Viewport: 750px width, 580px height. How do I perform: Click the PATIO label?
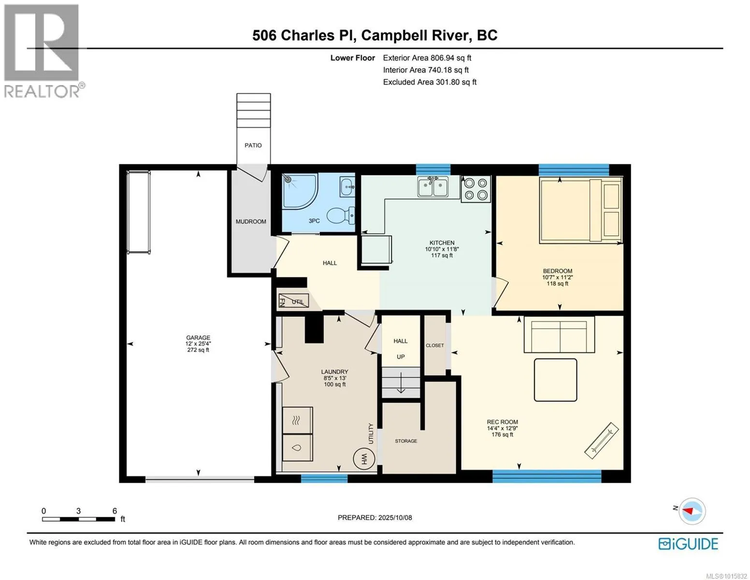pos(253,145)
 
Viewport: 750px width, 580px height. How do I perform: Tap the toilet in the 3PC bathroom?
pos(340,215)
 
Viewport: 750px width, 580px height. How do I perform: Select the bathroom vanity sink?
pos(347,187)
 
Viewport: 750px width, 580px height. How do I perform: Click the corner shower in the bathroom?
pos(299,191)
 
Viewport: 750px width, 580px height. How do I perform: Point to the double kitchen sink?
pos(433,187)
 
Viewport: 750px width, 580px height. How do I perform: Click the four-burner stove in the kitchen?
pos(476,189)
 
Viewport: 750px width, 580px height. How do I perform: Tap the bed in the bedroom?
pos(581,210)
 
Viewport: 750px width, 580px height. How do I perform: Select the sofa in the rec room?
pos(559,334)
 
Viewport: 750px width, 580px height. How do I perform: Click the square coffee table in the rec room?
pos(555,380)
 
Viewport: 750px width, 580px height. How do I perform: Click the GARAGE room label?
pos(198,338)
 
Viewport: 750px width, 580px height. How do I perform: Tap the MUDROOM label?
pos(251,221)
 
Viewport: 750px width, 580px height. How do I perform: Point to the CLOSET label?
pos(434,346)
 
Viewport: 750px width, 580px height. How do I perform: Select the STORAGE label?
pos(406,441)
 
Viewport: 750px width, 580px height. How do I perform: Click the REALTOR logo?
pos(43,51)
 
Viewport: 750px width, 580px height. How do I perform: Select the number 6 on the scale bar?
pos(115,511)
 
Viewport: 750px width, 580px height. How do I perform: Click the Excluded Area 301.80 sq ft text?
pos(430,82)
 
